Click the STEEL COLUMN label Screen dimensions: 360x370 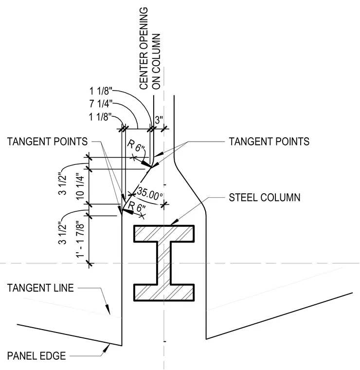tap(265, 198)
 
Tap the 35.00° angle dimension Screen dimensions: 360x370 tap(149, 193)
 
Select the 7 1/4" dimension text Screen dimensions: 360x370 tap(101, 104)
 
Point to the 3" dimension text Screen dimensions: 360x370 tap(159, 120)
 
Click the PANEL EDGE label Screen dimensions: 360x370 tap(36, 356)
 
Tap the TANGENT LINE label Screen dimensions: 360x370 tap(40, 288)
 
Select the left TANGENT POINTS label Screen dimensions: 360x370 tap(47, 142)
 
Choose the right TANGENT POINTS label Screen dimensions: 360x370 tap(269, 142)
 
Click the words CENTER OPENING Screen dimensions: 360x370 tap(144, 48)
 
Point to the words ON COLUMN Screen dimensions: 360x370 tap(156, 62)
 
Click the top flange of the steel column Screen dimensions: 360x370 tap(164, 234)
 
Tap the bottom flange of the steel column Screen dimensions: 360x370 tap(164, 293)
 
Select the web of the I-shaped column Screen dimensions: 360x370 tap(164, 263)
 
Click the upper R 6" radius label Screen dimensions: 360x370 tap(136, 146)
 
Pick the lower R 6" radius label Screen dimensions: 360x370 tap(137, 207)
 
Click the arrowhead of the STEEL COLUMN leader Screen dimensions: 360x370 tap(174, 222)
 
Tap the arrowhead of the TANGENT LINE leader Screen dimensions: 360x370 tap(108, 309)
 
